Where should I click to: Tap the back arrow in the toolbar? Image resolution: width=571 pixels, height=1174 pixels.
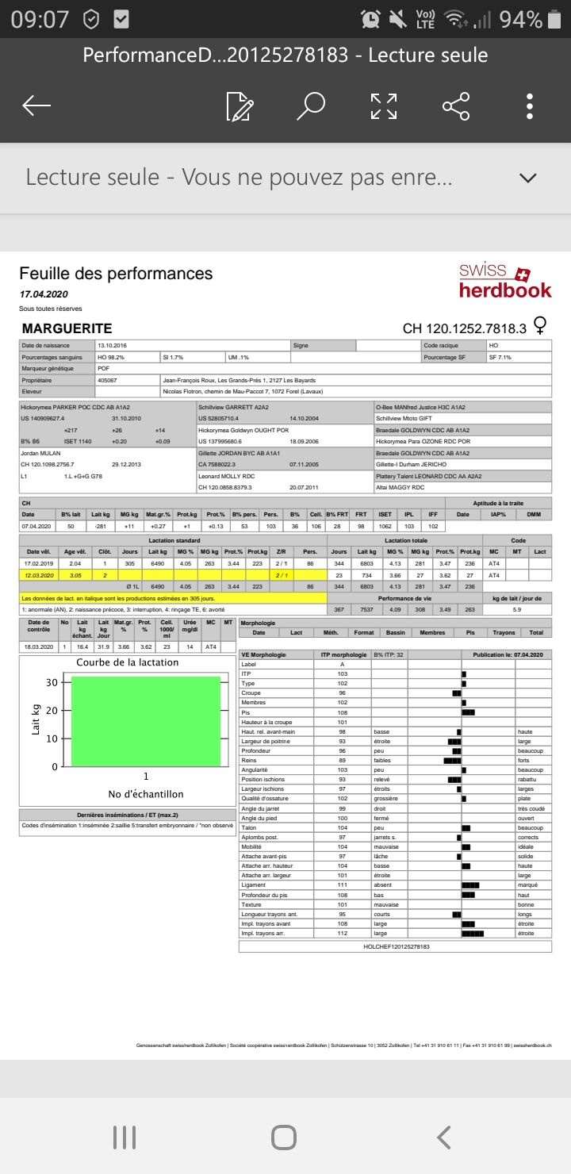[36, 106]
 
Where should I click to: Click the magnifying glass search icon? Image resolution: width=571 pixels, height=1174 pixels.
[311, 106]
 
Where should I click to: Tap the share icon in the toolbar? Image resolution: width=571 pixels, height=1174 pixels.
[456, 106]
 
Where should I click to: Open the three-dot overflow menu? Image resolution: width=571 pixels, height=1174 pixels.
[530, 106]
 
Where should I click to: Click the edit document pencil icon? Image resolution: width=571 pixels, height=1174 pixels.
[239, 106]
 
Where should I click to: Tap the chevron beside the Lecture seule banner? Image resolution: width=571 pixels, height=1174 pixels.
[527, 177]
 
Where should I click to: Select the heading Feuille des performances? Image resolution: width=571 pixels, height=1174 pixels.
[116, 274]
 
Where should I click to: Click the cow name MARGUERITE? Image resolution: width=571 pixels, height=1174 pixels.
[67, 328]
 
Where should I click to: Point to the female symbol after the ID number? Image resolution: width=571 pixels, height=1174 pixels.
[542, 325]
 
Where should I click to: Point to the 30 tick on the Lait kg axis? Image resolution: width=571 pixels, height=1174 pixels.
[52, 682]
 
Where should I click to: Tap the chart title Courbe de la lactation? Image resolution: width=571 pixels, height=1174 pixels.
[128, 662]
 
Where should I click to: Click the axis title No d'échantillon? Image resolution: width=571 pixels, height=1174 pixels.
[146, 794]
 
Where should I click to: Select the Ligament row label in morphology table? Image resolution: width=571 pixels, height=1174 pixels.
[255, 884]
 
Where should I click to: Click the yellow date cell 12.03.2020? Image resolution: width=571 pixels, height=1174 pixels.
[40, 574]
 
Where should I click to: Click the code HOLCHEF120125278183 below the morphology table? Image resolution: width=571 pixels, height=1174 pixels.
[396, 946]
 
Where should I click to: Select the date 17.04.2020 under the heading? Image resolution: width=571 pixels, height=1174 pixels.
[45, 293]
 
